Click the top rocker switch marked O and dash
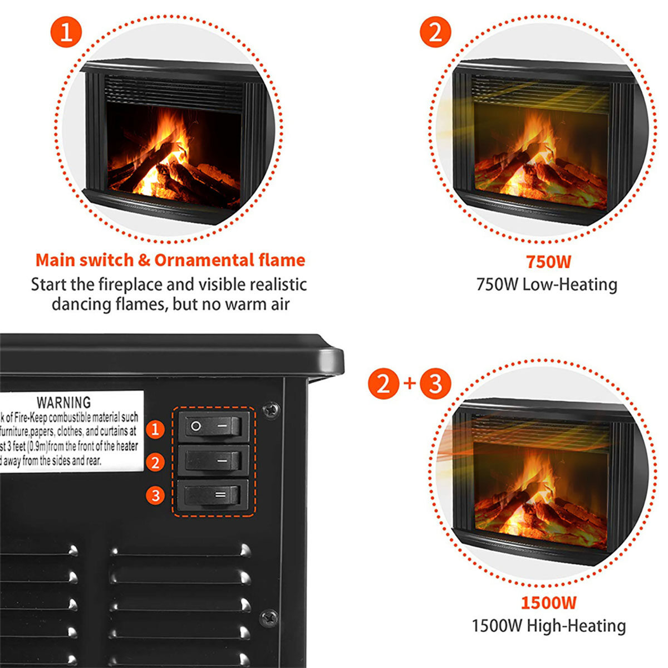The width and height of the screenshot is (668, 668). coord(213,427)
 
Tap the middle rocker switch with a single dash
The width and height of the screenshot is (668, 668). coord(213,460)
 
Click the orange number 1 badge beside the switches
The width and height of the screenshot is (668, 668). coord(155,429)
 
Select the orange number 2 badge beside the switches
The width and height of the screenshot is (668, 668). coord(155,462)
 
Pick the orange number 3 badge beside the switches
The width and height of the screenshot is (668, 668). coord(155,495)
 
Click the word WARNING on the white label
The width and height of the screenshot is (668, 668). coord(63,402)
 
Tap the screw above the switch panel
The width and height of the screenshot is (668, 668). coord(271,410)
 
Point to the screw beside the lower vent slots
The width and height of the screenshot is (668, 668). coord(269,617)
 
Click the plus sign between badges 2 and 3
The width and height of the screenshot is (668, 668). coord(410,383)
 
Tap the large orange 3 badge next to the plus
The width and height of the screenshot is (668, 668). coord(435,384)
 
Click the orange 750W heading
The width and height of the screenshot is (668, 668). coord(548,262)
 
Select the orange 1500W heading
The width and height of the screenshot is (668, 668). coord(548,602)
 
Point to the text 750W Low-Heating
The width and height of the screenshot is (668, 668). coord(547,284)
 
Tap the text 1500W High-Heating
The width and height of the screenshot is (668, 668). coord(548,626)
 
